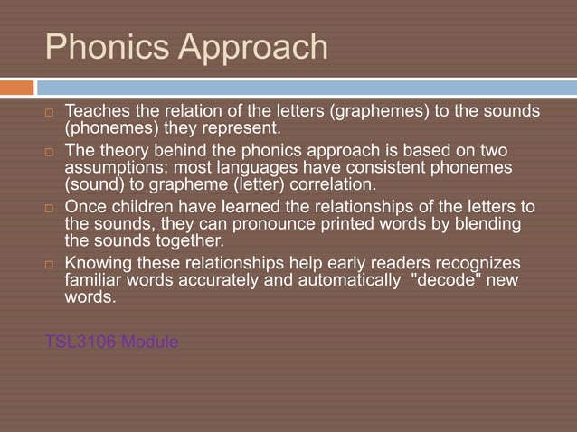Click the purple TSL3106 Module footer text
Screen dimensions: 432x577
pos(112,343)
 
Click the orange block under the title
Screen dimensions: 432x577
pos(17,88)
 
